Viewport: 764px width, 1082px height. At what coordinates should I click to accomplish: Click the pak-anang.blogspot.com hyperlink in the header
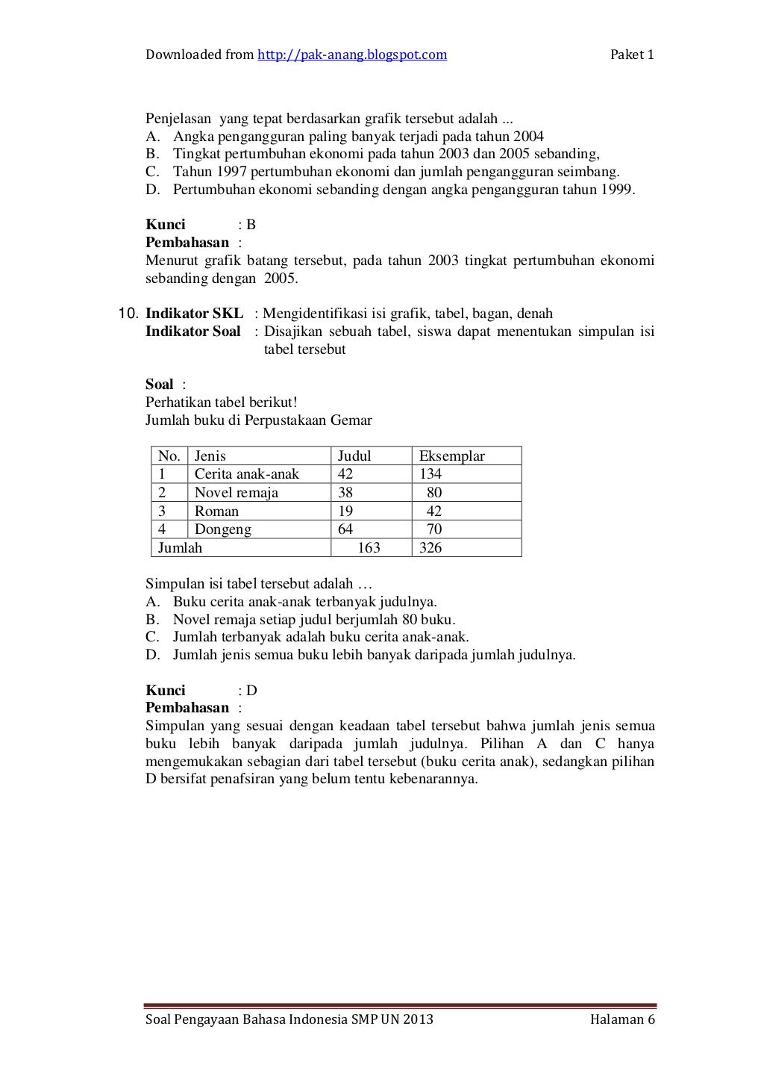click(x=352, y=55)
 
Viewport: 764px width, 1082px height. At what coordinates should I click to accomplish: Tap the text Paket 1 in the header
click(x=632, y=55)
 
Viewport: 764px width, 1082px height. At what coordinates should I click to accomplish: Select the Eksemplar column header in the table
click(x=451, y=456)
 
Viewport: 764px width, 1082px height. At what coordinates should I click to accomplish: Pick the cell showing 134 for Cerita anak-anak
click(x=430, y=474)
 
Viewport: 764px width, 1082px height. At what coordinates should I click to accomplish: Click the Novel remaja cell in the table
click(x=236, y=493)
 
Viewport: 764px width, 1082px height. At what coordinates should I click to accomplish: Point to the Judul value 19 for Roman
click(x=345, y=512)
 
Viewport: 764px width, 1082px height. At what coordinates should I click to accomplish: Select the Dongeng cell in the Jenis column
click(x=222, y=529)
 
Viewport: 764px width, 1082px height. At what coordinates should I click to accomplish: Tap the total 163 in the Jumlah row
click(x=369, y=548)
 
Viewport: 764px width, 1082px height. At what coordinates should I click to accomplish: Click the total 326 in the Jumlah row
click(x=430, y=548)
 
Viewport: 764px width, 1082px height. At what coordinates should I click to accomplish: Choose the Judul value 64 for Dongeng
click(x=345, y=529)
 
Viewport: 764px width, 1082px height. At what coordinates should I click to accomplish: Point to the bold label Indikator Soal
click(x=192, y=332)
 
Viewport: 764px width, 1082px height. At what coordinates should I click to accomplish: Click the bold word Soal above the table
click(x=159, y=385)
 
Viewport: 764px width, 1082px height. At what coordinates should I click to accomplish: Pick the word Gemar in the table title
click(x=353, y=420)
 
